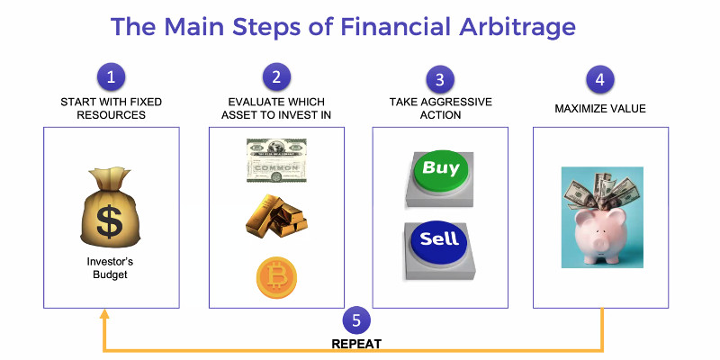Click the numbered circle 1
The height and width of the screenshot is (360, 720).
(x=111, y=76)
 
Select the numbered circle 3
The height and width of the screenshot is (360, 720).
(x=439, y=79)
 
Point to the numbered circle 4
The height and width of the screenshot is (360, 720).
(x=600, y=79)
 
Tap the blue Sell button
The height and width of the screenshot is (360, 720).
(x=439, y=240)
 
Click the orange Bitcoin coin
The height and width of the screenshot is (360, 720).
(x=276, y=278)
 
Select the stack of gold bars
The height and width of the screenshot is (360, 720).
(x=276, y=214)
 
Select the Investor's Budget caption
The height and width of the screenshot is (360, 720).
(x=111, y=268)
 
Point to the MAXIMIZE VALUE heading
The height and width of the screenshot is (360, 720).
(x=600, y=109)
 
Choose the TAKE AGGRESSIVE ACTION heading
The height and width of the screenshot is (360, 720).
(x=439, y=108)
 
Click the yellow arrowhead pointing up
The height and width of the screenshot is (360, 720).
(x=104, y=314)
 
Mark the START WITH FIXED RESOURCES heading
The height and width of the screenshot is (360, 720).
(x=111, y=108)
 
